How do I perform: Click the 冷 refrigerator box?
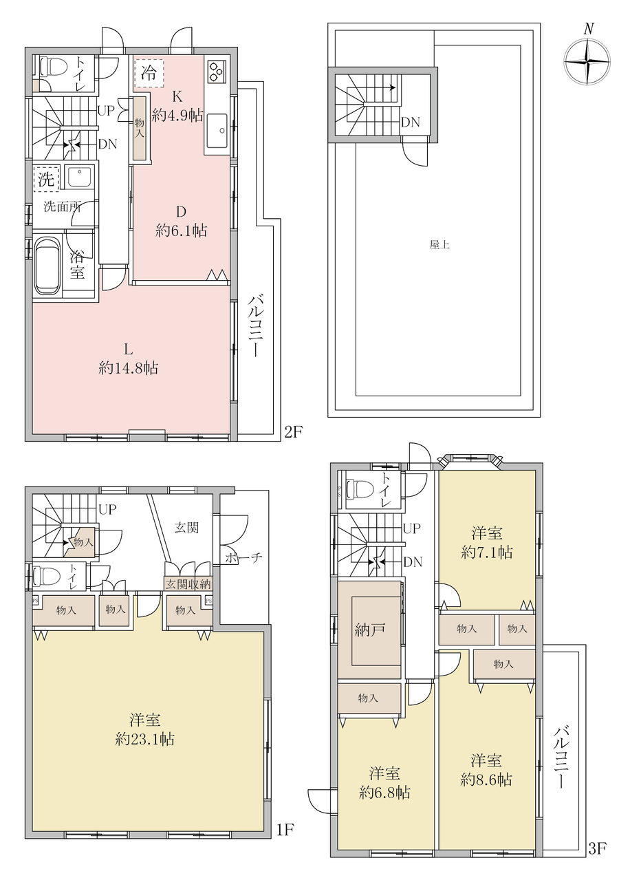[149, 73]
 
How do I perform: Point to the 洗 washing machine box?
[46, 179]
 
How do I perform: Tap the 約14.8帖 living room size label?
[128, 368]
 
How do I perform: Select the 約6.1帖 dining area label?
[181, 230]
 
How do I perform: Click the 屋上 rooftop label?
[439, 245]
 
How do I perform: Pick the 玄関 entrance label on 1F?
[186, 528]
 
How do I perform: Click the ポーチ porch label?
[243, 557]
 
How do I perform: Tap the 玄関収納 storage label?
[188, 583]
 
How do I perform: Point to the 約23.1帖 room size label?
[145, 740]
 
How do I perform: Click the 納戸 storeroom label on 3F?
[369, 630]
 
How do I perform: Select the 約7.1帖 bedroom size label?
[487, 552]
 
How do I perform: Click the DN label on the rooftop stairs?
[411, 122]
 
